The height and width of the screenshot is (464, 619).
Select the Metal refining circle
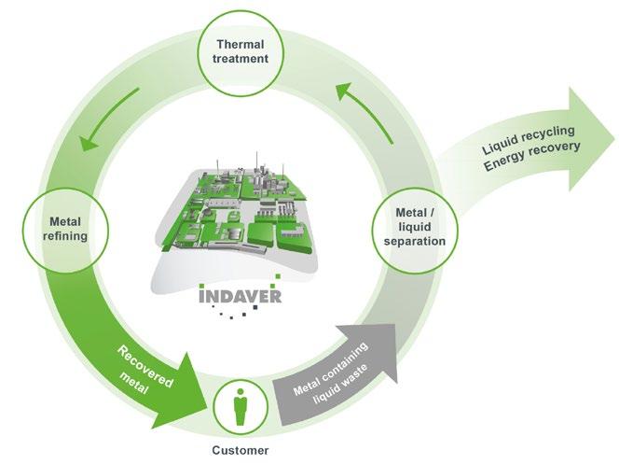pyautogui.click(x=65, y=228)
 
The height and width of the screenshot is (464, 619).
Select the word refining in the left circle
pyautogui.click(x=65, y=236)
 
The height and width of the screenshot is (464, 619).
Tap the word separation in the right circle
pyautogui.click(x=415, y=242)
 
